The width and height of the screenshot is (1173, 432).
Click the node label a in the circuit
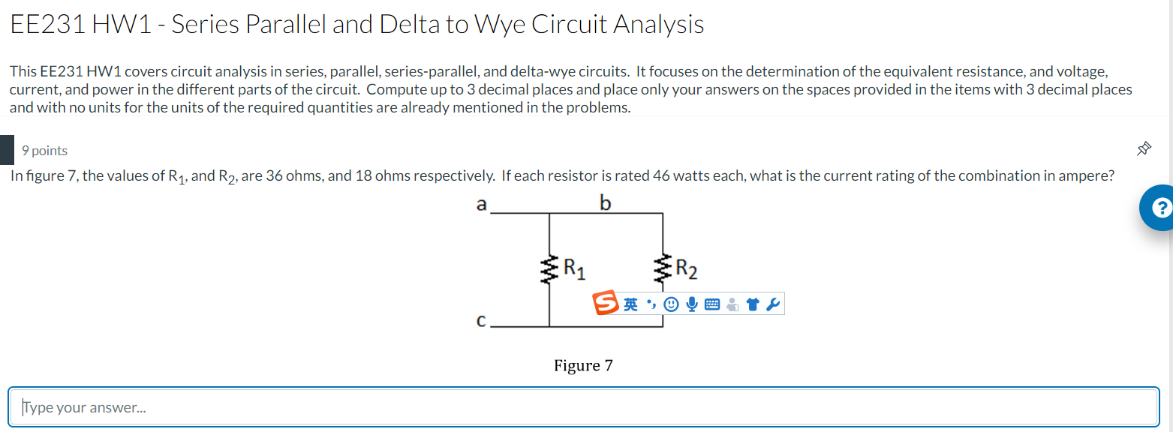481,204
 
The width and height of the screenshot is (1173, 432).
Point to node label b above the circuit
606,202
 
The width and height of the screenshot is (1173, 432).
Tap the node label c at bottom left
481,321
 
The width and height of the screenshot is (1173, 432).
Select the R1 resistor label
574,267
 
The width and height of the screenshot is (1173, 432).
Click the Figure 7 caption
583,366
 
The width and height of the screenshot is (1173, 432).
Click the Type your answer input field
583,407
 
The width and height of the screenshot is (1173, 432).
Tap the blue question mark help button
1158,208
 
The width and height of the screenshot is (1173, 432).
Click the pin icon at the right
1144,149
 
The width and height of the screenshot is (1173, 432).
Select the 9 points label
45,151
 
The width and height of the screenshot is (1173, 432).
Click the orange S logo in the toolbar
606,304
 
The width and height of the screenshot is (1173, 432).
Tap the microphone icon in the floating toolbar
692,304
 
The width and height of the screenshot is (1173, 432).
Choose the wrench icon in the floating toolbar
773,304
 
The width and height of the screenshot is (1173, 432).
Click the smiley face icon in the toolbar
672,304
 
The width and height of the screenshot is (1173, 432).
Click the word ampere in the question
1086,177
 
